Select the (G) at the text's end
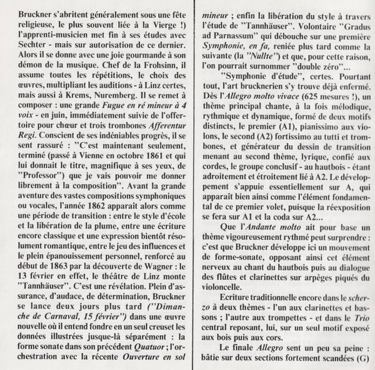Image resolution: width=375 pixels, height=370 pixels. click(x=362, y=360)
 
